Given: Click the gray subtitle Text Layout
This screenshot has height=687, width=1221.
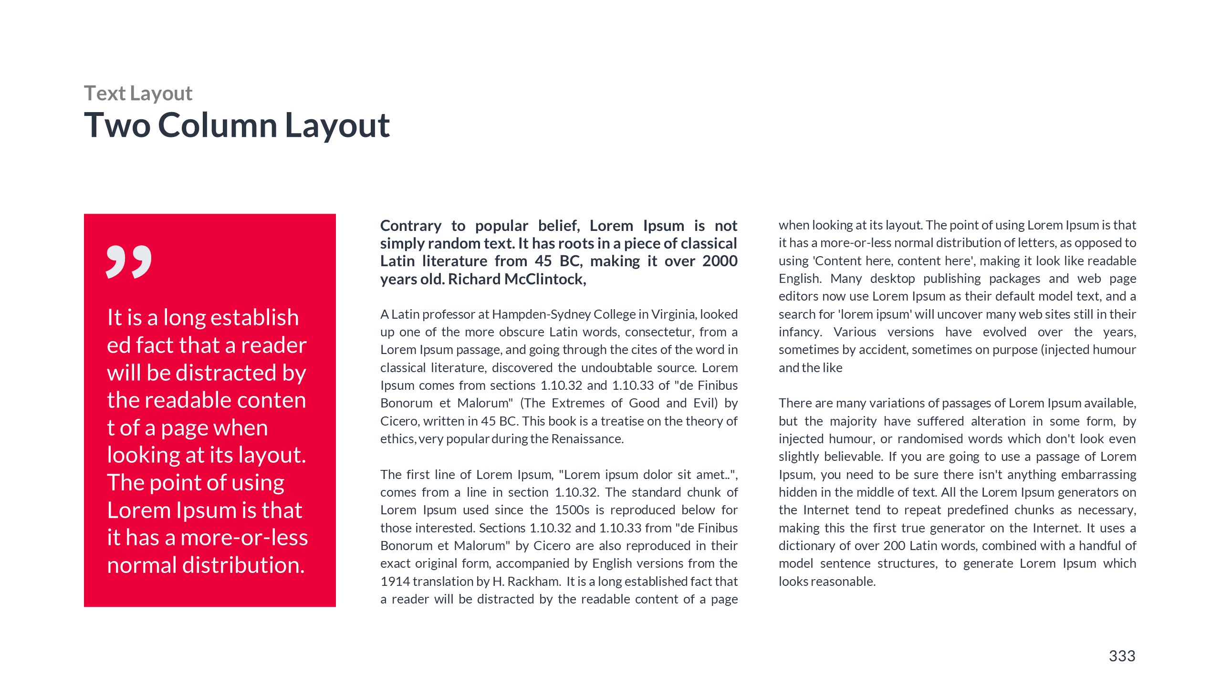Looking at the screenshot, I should [138, 94].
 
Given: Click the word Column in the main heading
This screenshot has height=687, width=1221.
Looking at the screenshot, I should [218, 125].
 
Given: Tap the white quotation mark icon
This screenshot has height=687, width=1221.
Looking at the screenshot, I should [129, 262].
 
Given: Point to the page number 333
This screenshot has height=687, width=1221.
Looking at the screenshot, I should [1122, 656].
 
